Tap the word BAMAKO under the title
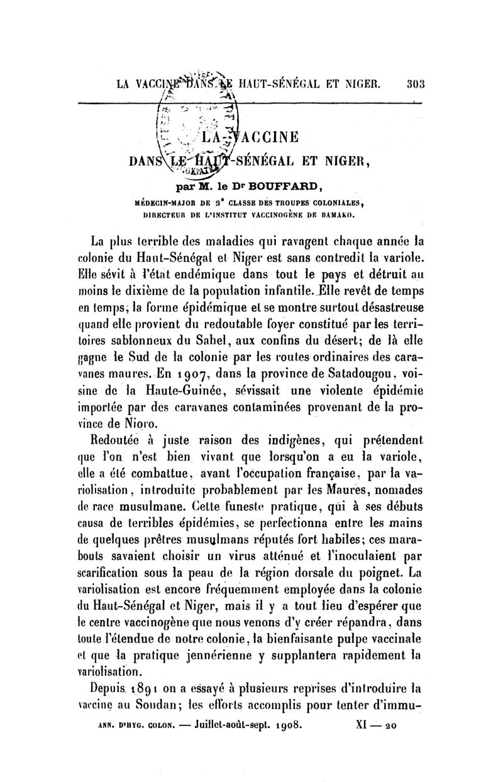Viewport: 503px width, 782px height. pyautogui.click(x=340, y=214)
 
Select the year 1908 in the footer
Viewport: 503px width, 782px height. pyautogui.click(x=289, y=728)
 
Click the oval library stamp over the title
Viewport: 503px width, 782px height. pyautogui.click(x=196, y=126)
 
